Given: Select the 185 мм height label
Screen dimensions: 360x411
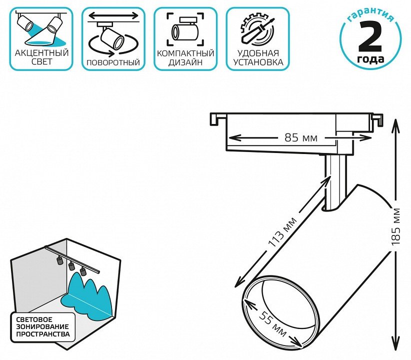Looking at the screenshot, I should [x=397, y=225].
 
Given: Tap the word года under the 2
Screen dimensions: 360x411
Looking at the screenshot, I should [x=370, y=59].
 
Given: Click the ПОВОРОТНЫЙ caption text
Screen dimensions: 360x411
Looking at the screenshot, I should [x=113, y=63].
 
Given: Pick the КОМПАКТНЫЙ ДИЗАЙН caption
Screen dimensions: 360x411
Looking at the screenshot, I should [x=185, y=57].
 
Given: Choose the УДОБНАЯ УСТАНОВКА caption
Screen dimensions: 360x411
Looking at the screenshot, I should [x=257, y=57].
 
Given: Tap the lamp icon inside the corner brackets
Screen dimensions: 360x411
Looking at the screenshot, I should [x=185, y=29].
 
